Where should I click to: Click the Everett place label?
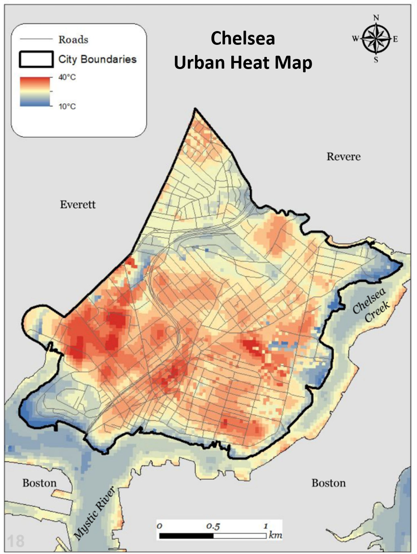tap(78, 205)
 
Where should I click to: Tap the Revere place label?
tap(344, 157)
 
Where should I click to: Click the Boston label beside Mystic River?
tap(39, 483)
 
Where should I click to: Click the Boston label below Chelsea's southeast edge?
tap(329, 483)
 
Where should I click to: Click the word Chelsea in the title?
tap(243, 39)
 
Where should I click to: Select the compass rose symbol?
tap(376, 39)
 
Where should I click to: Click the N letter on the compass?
tap(376, 18)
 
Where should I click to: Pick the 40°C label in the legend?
tap(67, 77)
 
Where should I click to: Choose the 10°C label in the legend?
tap(67, 107)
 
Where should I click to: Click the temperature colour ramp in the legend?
tap(35, 92)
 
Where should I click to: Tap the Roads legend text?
tap(73, 40)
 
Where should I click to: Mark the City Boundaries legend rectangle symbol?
tap(36, 59)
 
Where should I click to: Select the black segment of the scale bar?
tap(186, 536)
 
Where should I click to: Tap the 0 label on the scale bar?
tap(160, 526)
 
